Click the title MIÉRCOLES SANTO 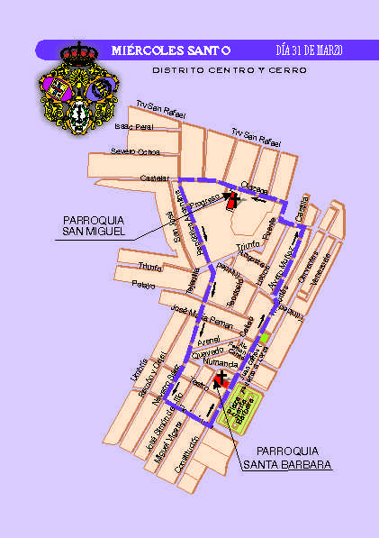click(171, 50)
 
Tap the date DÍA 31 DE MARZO click(308, 50)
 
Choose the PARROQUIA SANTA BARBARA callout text click(287, 458)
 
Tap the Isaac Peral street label click(132, 127)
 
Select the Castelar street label click(149, 178)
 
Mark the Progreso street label click(205, 203)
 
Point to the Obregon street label click(255, 189)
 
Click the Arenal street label click(210, 342)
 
